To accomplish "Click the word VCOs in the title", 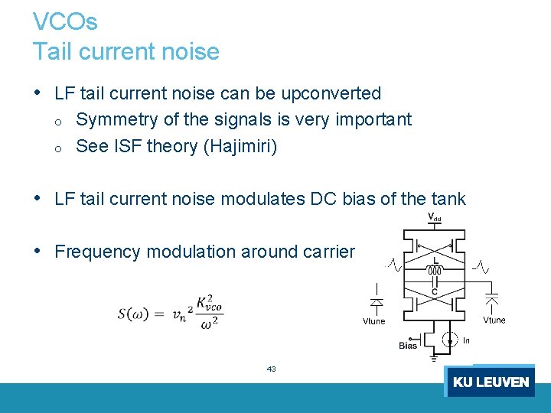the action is pos(65,21).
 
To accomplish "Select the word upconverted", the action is pos(331,93).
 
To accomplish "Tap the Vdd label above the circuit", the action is pos(434,217).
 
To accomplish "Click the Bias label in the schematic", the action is pos(408,346).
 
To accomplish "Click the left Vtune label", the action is pos(373,321).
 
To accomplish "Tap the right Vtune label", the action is pos(494,320).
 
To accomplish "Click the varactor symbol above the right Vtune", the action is pos(494,297).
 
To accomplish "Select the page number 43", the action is pos(271,369).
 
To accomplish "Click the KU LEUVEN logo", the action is pos(490,382).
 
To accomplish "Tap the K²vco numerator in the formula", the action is pos(208,302).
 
